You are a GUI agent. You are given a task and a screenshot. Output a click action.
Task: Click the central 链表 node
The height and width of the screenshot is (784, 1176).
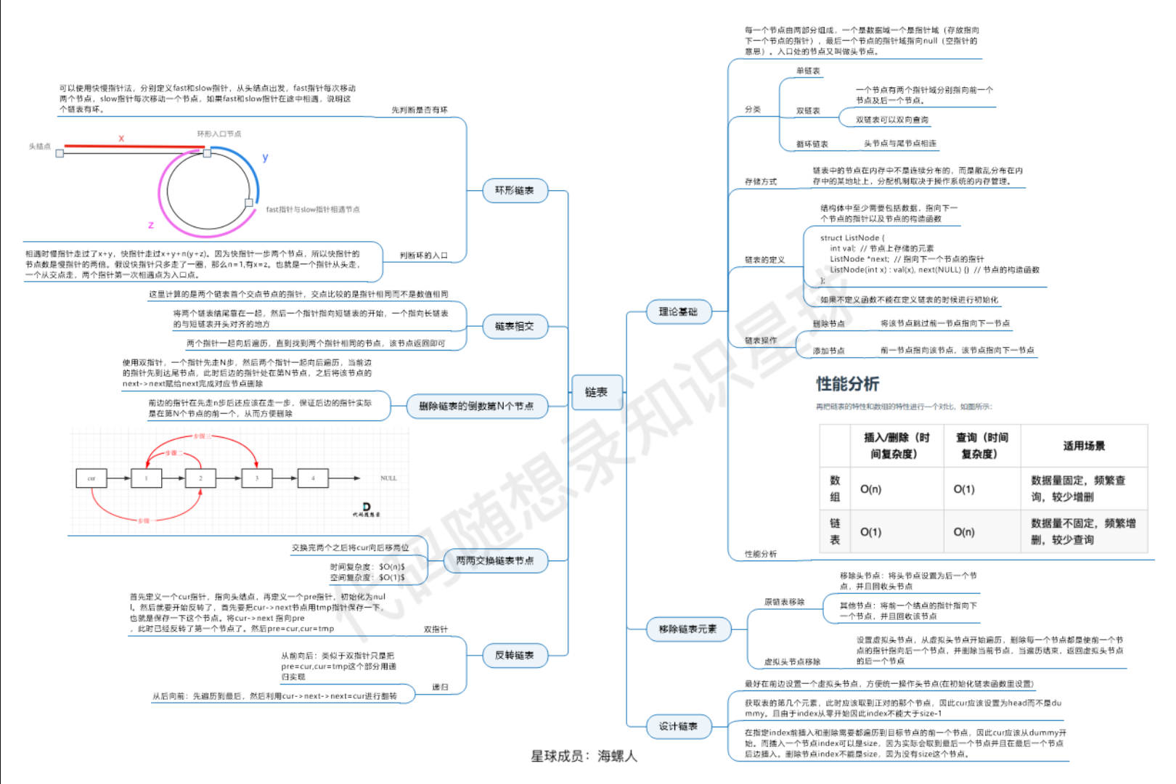tap(596, 393)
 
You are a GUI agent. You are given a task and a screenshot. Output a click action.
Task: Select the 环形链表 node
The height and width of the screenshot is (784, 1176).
tap(515, 191)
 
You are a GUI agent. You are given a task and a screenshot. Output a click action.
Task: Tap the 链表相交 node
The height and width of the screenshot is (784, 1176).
tap(515, 327)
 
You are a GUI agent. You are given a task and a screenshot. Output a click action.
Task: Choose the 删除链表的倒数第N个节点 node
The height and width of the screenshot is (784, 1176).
tap(475, 407)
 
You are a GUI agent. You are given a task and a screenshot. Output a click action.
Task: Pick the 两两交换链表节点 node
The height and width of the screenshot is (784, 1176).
tap(494, 560)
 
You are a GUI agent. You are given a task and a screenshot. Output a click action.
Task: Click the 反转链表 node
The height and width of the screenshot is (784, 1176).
tap(515, 656)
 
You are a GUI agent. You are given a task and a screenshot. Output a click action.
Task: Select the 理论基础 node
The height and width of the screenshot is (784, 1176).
tap(678, 312)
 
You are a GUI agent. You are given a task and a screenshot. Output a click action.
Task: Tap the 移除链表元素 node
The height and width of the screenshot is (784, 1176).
tap(687, 629)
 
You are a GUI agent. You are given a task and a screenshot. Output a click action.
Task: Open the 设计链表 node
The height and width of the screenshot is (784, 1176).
tap(678, 727)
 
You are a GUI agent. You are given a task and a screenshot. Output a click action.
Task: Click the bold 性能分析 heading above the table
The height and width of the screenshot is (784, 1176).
tap(847, 384)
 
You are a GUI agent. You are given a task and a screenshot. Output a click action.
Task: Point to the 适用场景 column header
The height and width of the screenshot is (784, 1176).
tap(1084, 446)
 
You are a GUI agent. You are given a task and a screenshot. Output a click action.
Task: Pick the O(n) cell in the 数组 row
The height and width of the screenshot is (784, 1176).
tap(870, 489)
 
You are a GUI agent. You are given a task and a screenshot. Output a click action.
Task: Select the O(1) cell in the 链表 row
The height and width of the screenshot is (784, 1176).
tap(870, 532)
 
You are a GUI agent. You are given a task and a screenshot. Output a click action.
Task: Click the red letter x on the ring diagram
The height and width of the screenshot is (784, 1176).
tap(121, 138)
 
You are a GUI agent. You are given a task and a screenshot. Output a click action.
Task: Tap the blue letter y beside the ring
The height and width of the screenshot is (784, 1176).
tap(265, 157)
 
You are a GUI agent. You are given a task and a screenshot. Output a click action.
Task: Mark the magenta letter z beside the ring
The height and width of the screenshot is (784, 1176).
tap(151, 225)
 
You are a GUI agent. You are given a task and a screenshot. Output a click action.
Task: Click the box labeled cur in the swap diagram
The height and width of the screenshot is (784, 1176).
tap(91, 478)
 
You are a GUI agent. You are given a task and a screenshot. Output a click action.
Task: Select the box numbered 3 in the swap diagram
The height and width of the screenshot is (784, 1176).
tap(256, 478)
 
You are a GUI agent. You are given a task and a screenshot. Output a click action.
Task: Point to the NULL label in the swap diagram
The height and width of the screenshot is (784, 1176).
tap(388, 478)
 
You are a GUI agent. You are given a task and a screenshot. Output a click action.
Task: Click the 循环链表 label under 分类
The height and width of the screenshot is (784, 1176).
tap(812, 144)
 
